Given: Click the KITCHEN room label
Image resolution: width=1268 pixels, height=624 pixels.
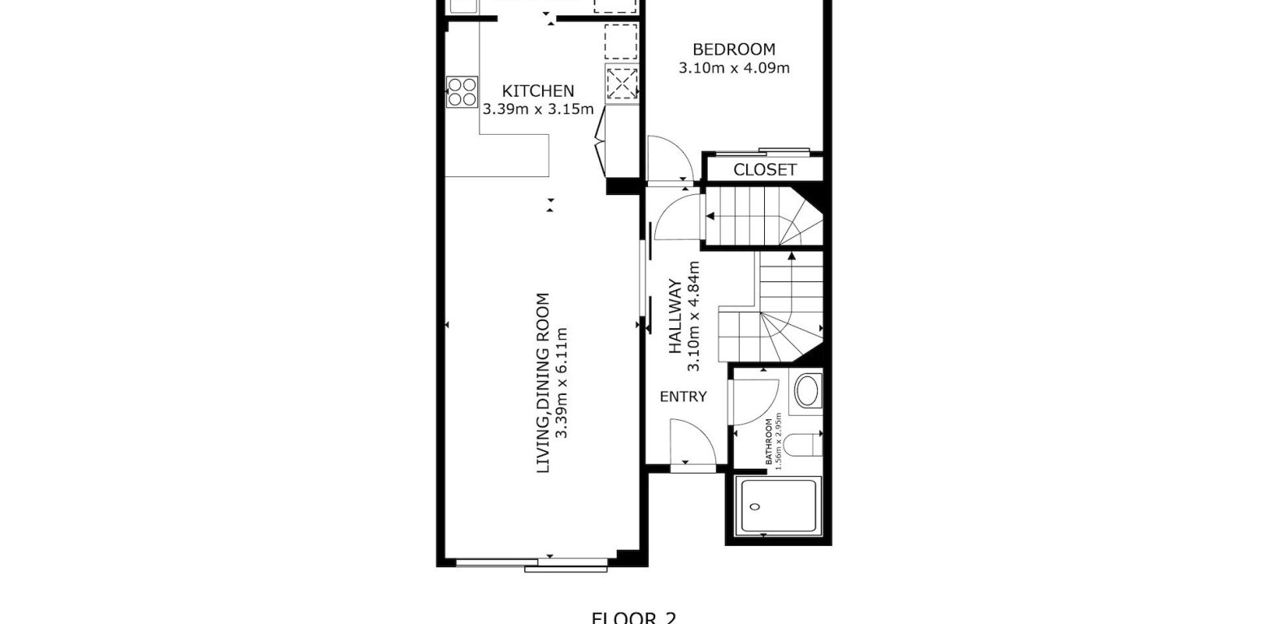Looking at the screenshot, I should (537, 91).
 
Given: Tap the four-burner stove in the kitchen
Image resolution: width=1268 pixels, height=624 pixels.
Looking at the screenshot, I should (462, 91).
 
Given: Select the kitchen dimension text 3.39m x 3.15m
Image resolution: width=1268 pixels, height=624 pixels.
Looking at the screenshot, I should (537, 109).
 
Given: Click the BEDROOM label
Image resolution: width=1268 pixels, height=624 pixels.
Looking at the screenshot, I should (733, 50).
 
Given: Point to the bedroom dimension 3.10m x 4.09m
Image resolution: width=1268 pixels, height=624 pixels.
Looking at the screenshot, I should (733, 68).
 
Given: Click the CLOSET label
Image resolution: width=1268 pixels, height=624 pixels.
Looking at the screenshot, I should (765, 170).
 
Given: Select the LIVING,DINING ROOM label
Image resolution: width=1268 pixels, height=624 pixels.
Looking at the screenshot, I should (543, 383).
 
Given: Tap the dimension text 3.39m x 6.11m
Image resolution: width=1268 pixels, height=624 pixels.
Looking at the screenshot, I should (561, 383).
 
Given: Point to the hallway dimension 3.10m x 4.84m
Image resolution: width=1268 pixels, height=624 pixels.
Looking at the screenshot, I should (693, 317).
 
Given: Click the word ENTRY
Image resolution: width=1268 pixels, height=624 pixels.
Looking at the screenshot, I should (683, 396).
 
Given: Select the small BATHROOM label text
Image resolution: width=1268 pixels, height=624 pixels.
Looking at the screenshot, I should (769, 443).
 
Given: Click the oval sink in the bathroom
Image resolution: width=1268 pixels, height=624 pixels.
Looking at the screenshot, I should (807, 392).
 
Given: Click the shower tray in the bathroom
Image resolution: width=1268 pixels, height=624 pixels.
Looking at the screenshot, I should (776, 506).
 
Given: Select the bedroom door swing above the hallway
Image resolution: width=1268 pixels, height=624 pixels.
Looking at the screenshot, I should (668, 160).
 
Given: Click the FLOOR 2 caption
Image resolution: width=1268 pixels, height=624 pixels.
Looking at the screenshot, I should (633, 617).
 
